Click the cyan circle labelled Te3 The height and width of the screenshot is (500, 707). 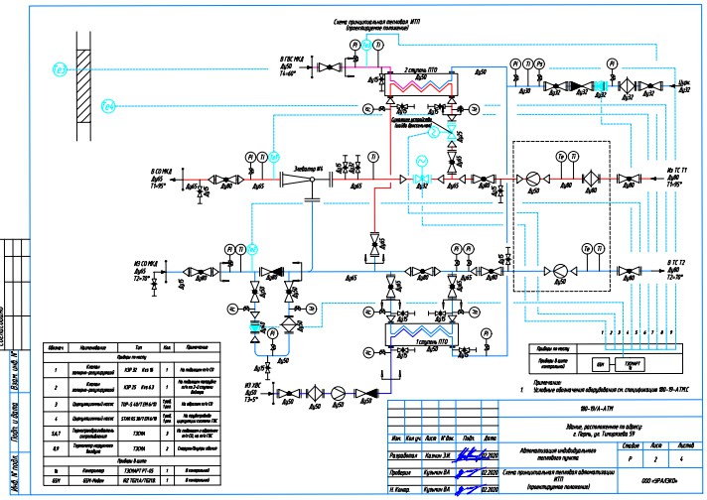tap(59, 68)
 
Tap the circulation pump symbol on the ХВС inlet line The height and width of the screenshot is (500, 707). tap(336, 393)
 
